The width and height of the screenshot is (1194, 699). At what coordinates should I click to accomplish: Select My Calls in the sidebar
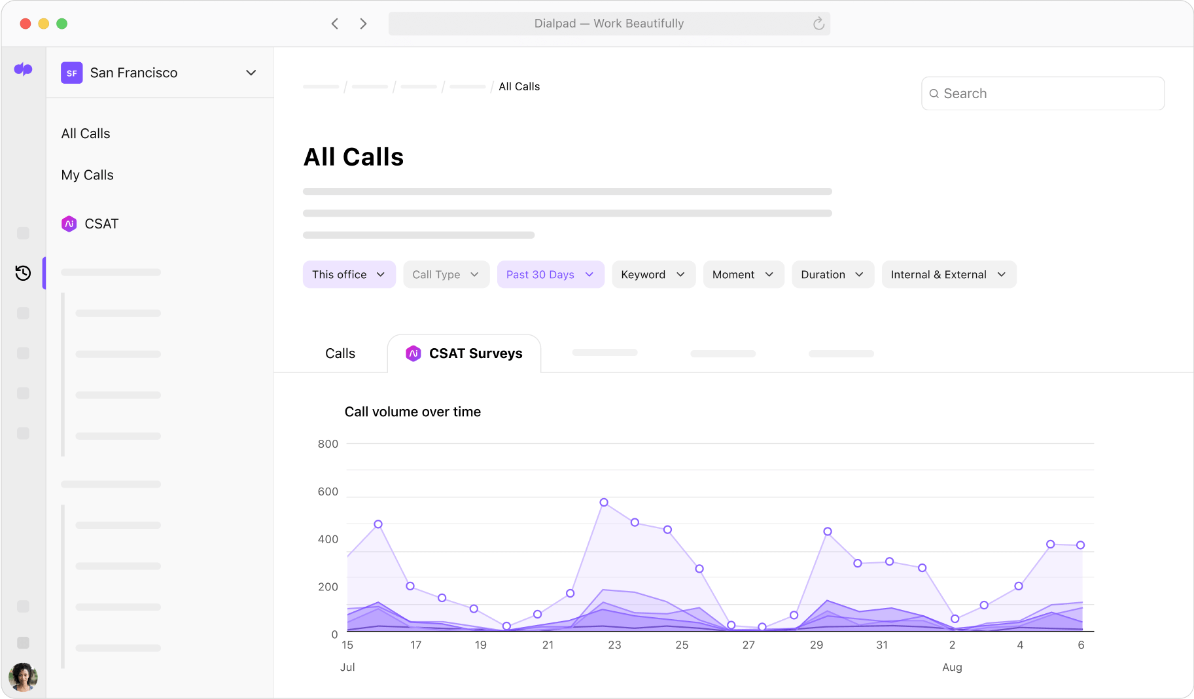coord(88,175)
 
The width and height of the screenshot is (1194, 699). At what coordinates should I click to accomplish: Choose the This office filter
coord(349,275)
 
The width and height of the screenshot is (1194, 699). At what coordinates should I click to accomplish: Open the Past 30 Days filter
coord(550,275)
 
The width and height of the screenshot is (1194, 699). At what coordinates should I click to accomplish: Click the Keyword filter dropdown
coord(653,275)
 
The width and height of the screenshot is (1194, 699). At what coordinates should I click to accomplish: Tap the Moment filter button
coord(743,275)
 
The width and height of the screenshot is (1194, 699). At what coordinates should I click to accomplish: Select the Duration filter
coord(832,275)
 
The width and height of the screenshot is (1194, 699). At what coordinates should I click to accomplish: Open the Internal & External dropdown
coord(949,275)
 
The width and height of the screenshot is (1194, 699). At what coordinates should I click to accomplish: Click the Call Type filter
coord(446,275)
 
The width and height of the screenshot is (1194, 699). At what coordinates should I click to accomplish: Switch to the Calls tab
coord(340,353)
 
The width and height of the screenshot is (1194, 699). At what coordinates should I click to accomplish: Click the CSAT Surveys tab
coord(465,353)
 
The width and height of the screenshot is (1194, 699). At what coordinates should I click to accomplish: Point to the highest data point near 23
coord(604,503)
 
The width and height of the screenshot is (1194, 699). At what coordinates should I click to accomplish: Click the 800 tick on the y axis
coord(328,444)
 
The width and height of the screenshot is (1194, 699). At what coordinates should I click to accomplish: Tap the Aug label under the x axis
coord(952,667)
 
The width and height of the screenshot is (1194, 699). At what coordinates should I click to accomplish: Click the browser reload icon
coord(818,24)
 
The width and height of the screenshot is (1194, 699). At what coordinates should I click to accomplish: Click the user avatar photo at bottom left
coord(23,677)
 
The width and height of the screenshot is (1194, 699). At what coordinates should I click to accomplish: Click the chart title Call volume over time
coord(412,412)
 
